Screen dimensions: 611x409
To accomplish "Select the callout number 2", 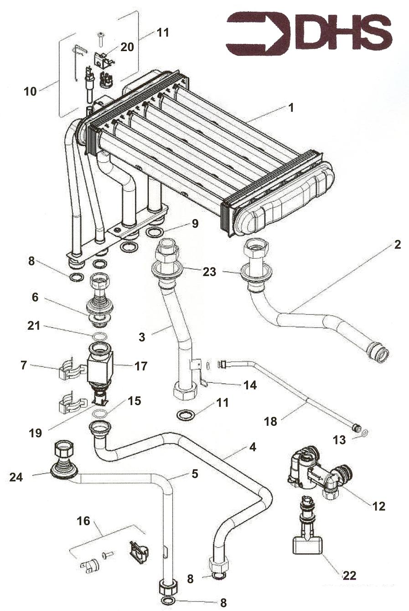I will click(x=397, y=245).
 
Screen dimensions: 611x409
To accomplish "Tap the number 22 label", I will click(x=349, y=576).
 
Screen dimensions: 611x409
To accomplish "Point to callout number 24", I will click(x=16, y=477).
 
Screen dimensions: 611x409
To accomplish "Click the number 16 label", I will click(x=83, y=521).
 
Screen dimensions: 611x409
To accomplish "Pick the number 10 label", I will click(x=30, y=91).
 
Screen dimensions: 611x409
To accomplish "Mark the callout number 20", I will click(x=127, y=47).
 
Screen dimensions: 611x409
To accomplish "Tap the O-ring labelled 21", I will click(x=99, y=336).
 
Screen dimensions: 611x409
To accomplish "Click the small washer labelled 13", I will click(x=364, y=432).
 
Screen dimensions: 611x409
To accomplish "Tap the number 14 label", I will click(x=250, y=386).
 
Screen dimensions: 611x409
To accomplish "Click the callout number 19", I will click(x=35, y=433).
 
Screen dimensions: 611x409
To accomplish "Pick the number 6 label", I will click(x=35, y=298).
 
